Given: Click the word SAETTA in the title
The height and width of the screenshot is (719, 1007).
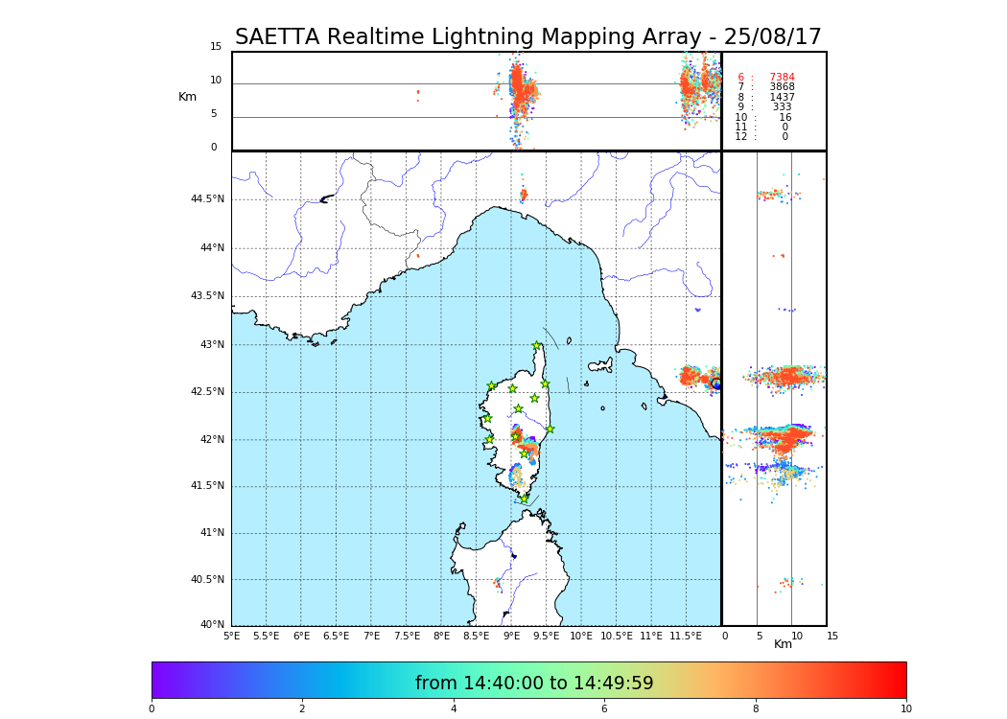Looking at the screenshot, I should (x=277, y=37).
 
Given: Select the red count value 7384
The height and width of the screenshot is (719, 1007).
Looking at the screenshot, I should (x=782, y=78).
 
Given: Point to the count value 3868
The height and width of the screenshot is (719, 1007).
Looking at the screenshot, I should (x=782, y=87).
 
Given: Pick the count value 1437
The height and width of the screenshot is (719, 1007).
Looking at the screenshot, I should (x=782, y=98).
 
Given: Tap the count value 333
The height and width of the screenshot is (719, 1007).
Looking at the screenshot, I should (x=782, y=107).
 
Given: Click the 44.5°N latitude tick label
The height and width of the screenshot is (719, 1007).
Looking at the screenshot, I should (x=207, y=199).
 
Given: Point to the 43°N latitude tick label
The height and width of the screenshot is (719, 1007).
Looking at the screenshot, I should (x=210, y=345).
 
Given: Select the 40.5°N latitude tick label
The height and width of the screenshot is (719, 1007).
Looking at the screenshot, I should (x=207, y=580).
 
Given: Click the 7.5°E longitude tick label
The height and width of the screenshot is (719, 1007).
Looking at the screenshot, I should (x=406, y=636).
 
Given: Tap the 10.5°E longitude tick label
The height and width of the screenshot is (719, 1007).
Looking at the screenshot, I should (x=616, y=636).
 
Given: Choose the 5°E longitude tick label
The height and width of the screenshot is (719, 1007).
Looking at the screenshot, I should (x=232, y=636).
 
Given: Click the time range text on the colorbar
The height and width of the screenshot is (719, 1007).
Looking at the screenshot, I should (x=534, y=684).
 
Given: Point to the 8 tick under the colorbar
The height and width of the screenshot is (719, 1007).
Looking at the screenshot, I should (x=756, y=709).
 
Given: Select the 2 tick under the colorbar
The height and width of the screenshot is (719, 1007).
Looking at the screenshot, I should (x=302, y=709).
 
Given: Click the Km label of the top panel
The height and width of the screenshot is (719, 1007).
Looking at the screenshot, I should (x=187, y=97).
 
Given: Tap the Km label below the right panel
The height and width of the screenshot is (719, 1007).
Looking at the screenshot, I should (x=783, y=644).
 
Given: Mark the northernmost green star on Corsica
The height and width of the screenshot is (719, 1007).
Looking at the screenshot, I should (x=537, y=345).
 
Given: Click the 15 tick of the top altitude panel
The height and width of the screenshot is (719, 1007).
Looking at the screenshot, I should (x=216, y=47).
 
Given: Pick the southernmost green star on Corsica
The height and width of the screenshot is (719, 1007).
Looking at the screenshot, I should (x=525, y=498).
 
